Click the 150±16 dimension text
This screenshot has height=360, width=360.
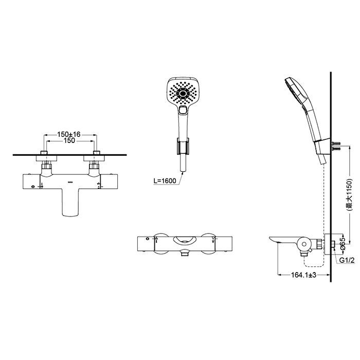point(69,134)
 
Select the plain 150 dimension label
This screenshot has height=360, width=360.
point(69,140)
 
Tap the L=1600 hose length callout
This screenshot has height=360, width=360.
point(165,181)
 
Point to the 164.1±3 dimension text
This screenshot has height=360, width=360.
point(304,275)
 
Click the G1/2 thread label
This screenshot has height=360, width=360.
point(347,260)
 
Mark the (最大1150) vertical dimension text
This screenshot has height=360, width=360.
point(349,194)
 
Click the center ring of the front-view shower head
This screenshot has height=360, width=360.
point(183,93)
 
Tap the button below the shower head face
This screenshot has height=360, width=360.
point(183,111)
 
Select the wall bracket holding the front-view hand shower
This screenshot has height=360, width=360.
point(183,146)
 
